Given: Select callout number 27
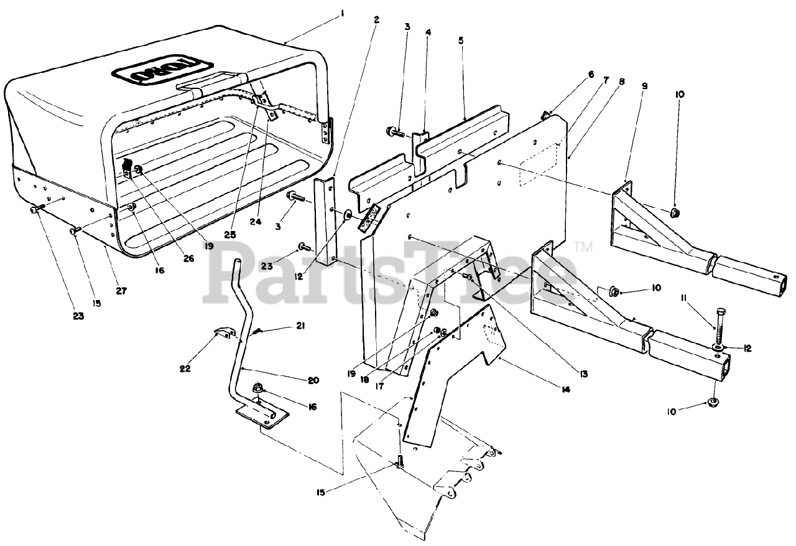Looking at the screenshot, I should (x=121, y=291).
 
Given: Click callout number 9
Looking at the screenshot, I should (x=644, y=86).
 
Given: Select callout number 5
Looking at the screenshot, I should (x=461, y=40).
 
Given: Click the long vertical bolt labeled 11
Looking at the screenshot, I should (x=720, y=324).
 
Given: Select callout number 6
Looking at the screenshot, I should (x=591, y=74).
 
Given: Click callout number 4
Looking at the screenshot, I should (x=428, y=32).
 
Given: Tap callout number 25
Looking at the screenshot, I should (x=231, y=235).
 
